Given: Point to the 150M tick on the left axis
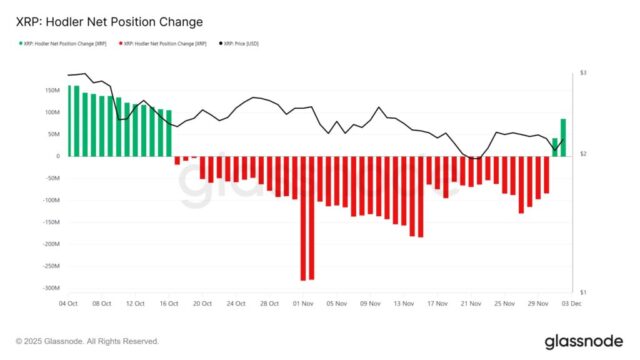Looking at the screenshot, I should [x=49, y=90].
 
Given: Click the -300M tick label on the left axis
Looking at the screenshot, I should [x=48, y=287].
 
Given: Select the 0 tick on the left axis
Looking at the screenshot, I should [x=56, y=156].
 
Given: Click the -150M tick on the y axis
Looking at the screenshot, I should [x=48, y=222].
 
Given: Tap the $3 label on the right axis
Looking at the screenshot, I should [x=582, y=74].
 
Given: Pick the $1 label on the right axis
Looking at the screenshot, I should [x=582, y=291].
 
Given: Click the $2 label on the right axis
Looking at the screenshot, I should [x=582, y=153].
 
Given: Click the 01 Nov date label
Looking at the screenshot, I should [x=305, y=302].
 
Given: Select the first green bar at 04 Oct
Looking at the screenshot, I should [x=69, y=120].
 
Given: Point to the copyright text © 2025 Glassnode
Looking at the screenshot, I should [x=87, y=340].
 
